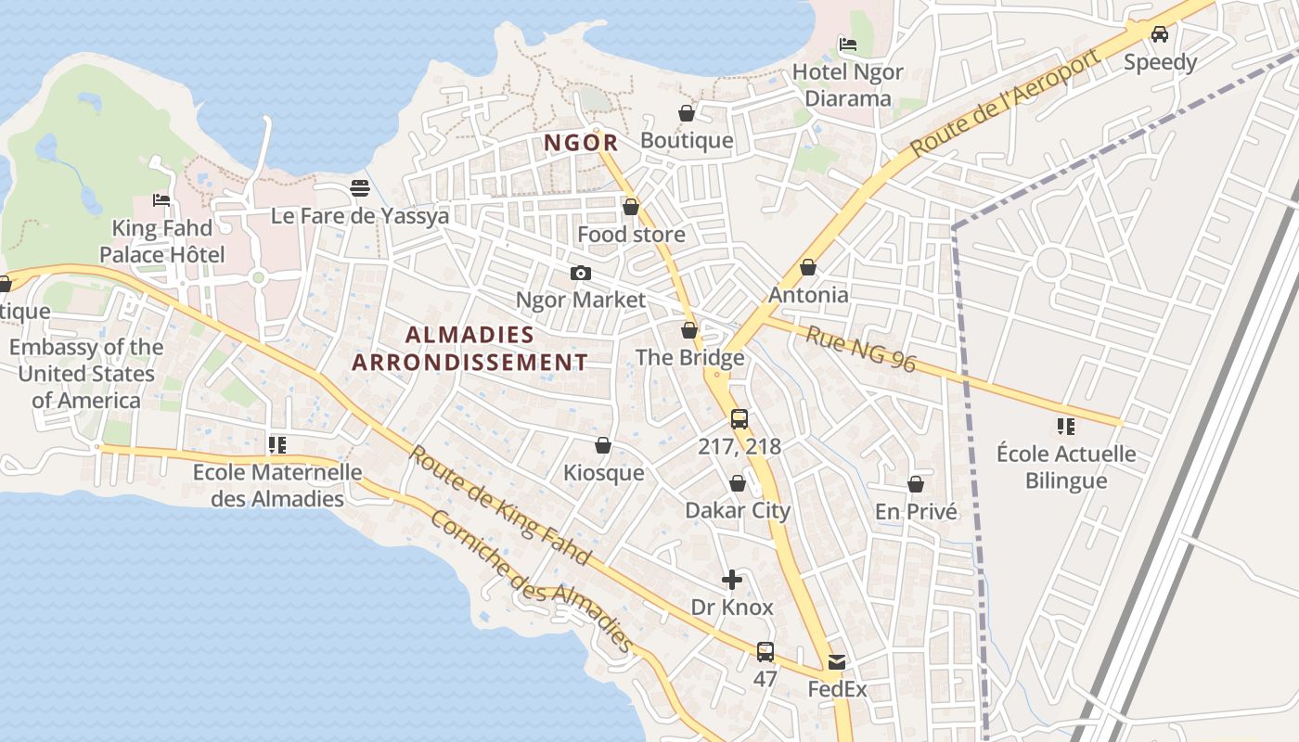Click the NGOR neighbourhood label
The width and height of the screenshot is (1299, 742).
click(581, 143)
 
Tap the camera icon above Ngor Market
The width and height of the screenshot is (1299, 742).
click(581, 273)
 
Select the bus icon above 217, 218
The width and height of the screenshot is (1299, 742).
click(740, 419)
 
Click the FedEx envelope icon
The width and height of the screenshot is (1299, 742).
click(837, 662)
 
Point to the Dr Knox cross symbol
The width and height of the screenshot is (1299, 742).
click(732, 581)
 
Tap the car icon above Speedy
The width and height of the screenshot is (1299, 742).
click(1160, 35)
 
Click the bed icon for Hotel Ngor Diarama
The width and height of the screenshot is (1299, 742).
click(848, 45)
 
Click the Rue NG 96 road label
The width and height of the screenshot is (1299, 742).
click(860, 349)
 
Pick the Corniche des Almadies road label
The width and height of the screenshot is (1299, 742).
click(532, 582)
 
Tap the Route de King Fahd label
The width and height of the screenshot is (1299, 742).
click(499, 505)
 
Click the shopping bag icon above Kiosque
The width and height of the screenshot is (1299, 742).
click(603, 446)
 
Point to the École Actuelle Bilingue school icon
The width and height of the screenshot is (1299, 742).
click(1066, 427)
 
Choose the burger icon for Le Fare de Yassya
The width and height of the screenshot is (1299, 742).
click(360, 189)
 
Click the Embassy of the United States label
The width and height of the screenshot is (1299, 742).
click(85, 374)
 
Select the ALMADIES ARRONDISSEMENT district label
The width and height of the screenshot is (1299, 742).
click(469, 349)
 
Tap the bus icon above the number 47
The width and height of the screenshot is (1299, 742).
click(765, 652)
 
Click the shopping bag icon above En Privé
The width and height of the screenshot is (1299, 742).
click(916, 484)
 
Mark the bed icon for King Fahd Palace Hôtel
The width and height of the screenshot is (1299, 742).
click(162, 200)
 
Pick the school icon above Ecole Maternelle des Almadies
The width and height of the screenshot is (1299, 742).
click(277, 446)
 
